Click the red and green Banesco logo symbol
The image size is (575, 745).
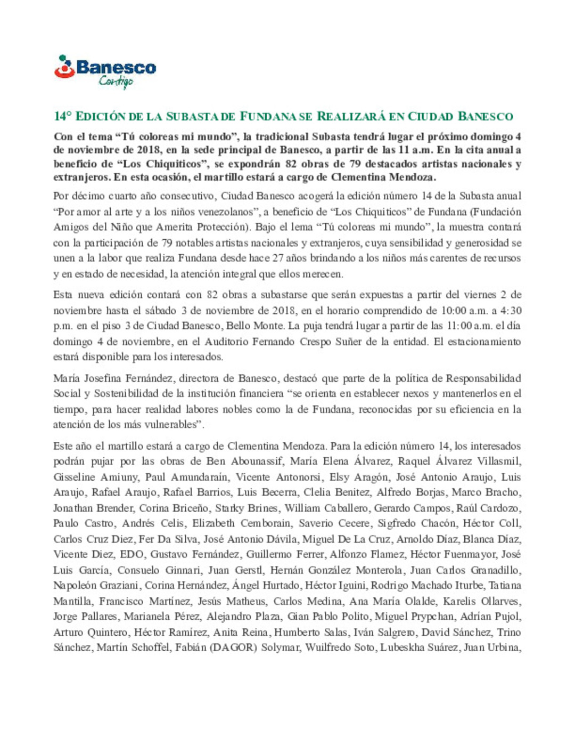click(x=64, y=68)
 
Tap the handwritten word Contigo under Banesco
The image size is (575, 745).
click(x=116, y=81)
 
